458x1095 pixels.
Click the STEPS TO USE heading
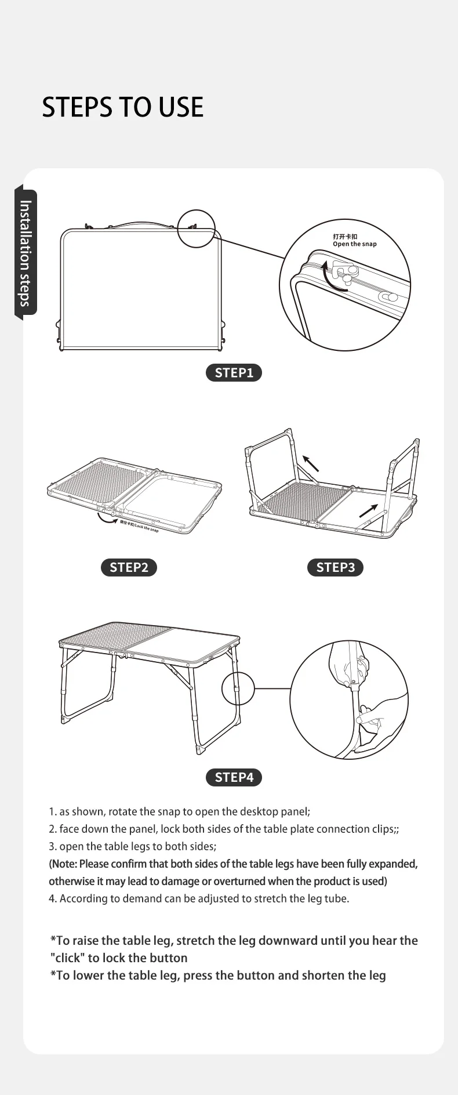coord(122,107)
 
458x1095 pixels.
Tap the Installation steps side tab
coord(25,252)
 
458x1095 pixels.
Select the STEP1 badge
coord(234,373)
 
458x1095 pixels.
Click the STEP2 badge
coord(129,567)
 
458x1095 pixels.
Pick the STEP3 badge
coord(335,567)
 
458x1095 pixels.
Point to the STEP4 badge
coord(234,777)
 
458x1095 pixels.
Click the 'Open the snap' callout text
coord(354,244)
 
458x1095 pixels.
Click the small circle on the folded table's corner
coord(196,229)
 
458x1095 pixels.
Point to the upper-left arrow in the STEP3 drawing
coord(311,463)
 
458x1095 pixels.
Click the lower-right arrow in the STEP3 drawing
coord(368,510)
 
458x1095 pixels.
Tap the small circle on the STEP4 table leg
coord(238,688)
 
